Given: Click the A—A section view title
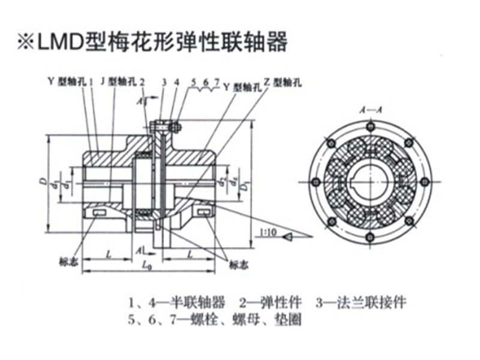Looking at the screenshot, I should coord(367,110).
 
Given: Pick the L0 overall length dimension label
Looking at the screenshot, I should coord(148,265).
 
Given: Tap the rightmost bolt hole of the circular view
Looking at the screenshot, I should coord(425,182).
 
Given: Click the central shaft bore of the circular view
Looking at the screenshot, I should coord(370,181).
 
